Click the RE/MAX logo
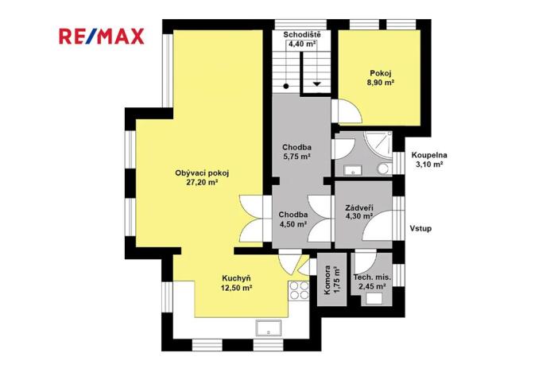101,36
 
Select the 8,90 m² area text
382,82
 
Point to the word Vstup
420,228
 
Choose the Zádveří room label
360,207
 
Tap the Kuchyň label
237,277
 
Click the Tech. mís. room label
372,277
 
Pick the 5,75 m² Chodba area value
296,157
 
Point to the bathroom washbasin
350,169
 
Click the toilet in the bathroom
384,169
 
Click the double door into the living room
253,219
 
